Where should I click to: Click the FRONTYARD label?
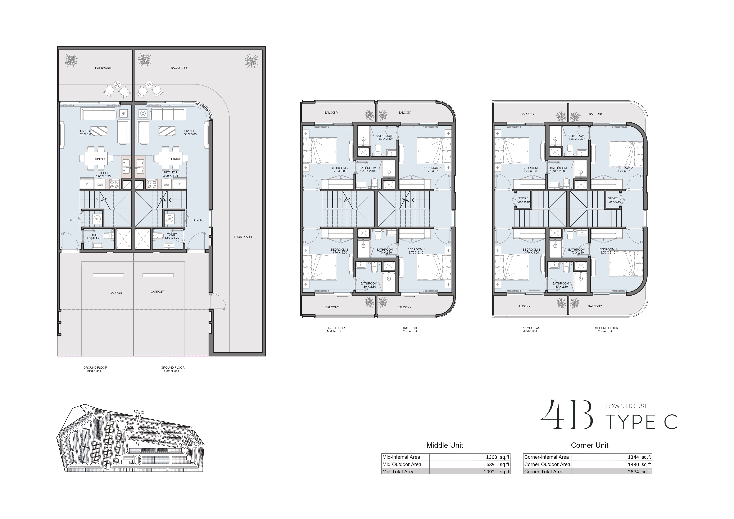coord(243,237)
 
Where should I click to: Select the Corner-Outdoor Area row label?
coord(547,464)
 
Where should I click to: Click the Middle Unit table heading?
coord(445,445)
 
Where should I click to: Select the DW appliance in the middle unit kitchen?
coord(100,184)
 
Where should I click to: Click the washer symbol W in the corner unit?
coord(169,219)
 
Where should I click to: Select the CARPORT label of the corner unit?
coord(158,291)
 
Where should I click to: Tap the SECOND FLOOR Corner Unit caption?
coord(606,329)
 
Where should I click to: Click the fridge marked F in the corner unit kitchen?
coord(179,184)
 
